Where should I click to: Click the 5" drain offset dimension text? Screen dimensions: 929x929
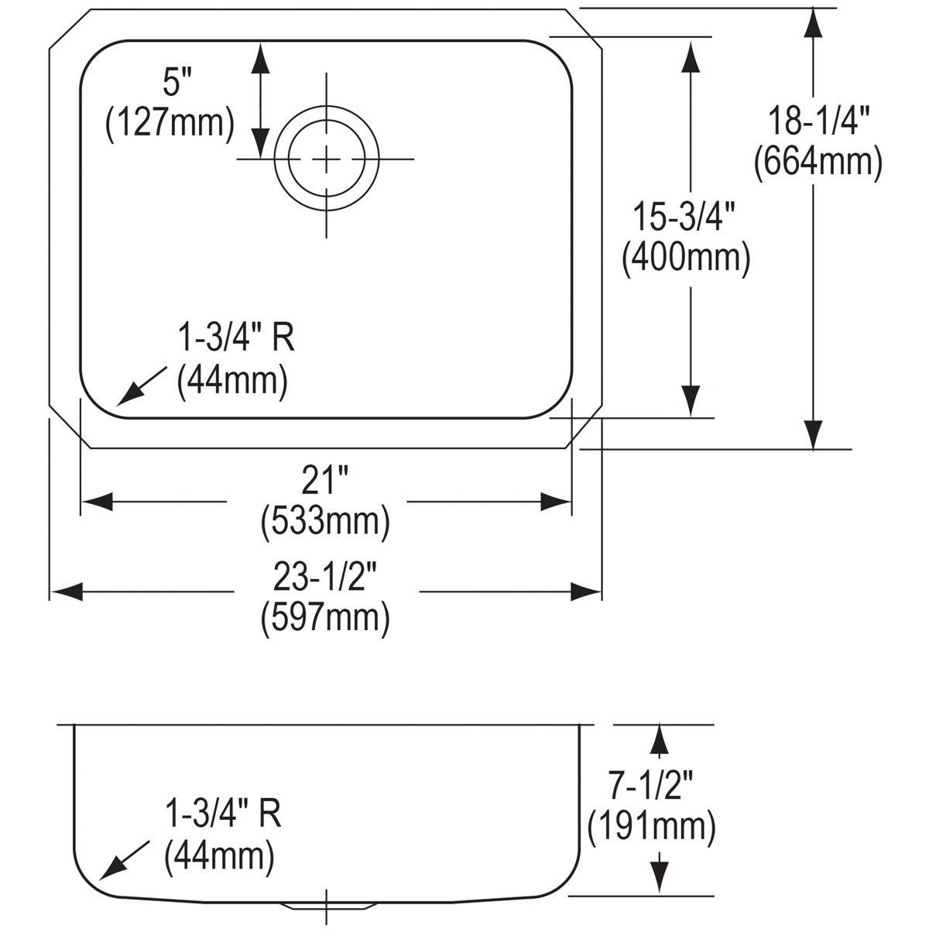177,82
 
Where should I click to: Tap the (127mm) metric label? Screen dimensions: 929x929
169,123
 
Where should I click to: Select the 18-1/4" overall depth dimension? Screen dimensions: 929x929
818,122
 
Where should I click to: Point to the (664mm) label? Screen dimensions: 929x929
818,163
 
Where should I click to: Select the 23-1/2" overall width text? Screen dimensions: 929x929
324,577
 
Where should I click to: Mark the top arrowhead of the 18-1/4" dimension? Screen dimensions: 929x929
812,23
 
